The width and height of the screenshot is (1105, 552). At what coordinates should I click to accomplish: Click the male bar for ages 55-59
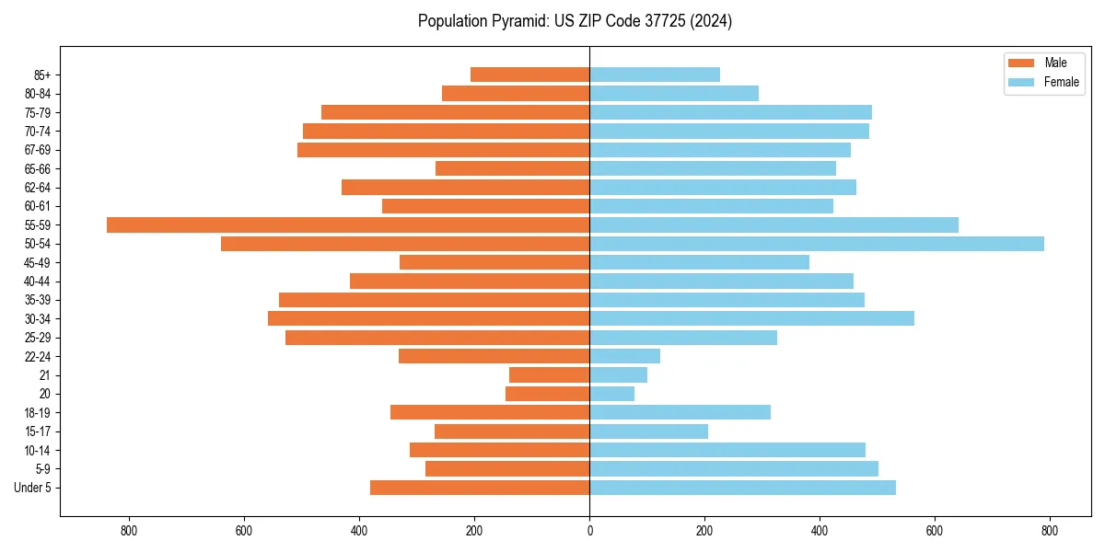(x=348, y=224)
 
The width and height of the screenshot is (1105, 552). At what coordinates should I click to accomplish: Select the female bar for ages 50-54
(x=817, y=244)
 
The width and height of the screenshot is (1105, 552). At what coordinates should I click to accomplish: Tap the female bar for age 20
(x=611, y=394)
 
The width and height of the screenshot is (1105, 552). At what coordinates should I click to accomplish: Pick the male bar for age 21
(x=549, y=374)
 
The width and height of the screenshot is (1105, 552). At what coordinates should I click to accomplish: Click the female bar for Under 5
(x=742, y=488)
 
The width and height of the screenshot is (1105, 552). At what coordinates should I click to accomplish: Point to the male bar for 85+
(x=529, y=75)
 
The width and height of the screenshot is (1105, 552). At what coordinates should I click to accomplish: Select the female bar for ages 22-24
(x=624, y=356)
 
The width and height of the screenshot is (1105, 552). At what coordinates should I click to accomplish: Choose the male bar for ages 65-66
(x=512, y=168)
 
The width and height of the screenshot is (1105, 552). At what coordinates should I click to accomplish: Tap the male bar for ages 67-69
(x=443, y=150)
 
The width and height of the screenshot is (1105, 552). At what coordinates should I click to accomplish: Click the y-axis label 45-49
(x=38, y=262)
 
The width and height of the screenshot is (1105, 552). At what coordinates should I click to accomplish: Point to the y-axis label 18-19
(x=38, y=412)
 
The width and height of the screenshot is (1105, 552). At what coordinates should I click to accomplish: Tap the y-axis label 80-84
(x=38, y=94)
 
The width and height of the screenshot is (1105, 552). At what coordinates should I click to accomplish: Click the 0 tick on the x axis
(x=589, y=531)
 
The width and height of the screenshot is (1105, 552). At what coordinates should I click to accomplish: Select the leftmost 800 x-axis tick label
(x=129, y=531)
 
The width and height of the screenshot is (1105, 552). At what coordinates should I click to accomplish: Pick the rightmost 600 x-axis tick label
(x=935, y=531)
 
